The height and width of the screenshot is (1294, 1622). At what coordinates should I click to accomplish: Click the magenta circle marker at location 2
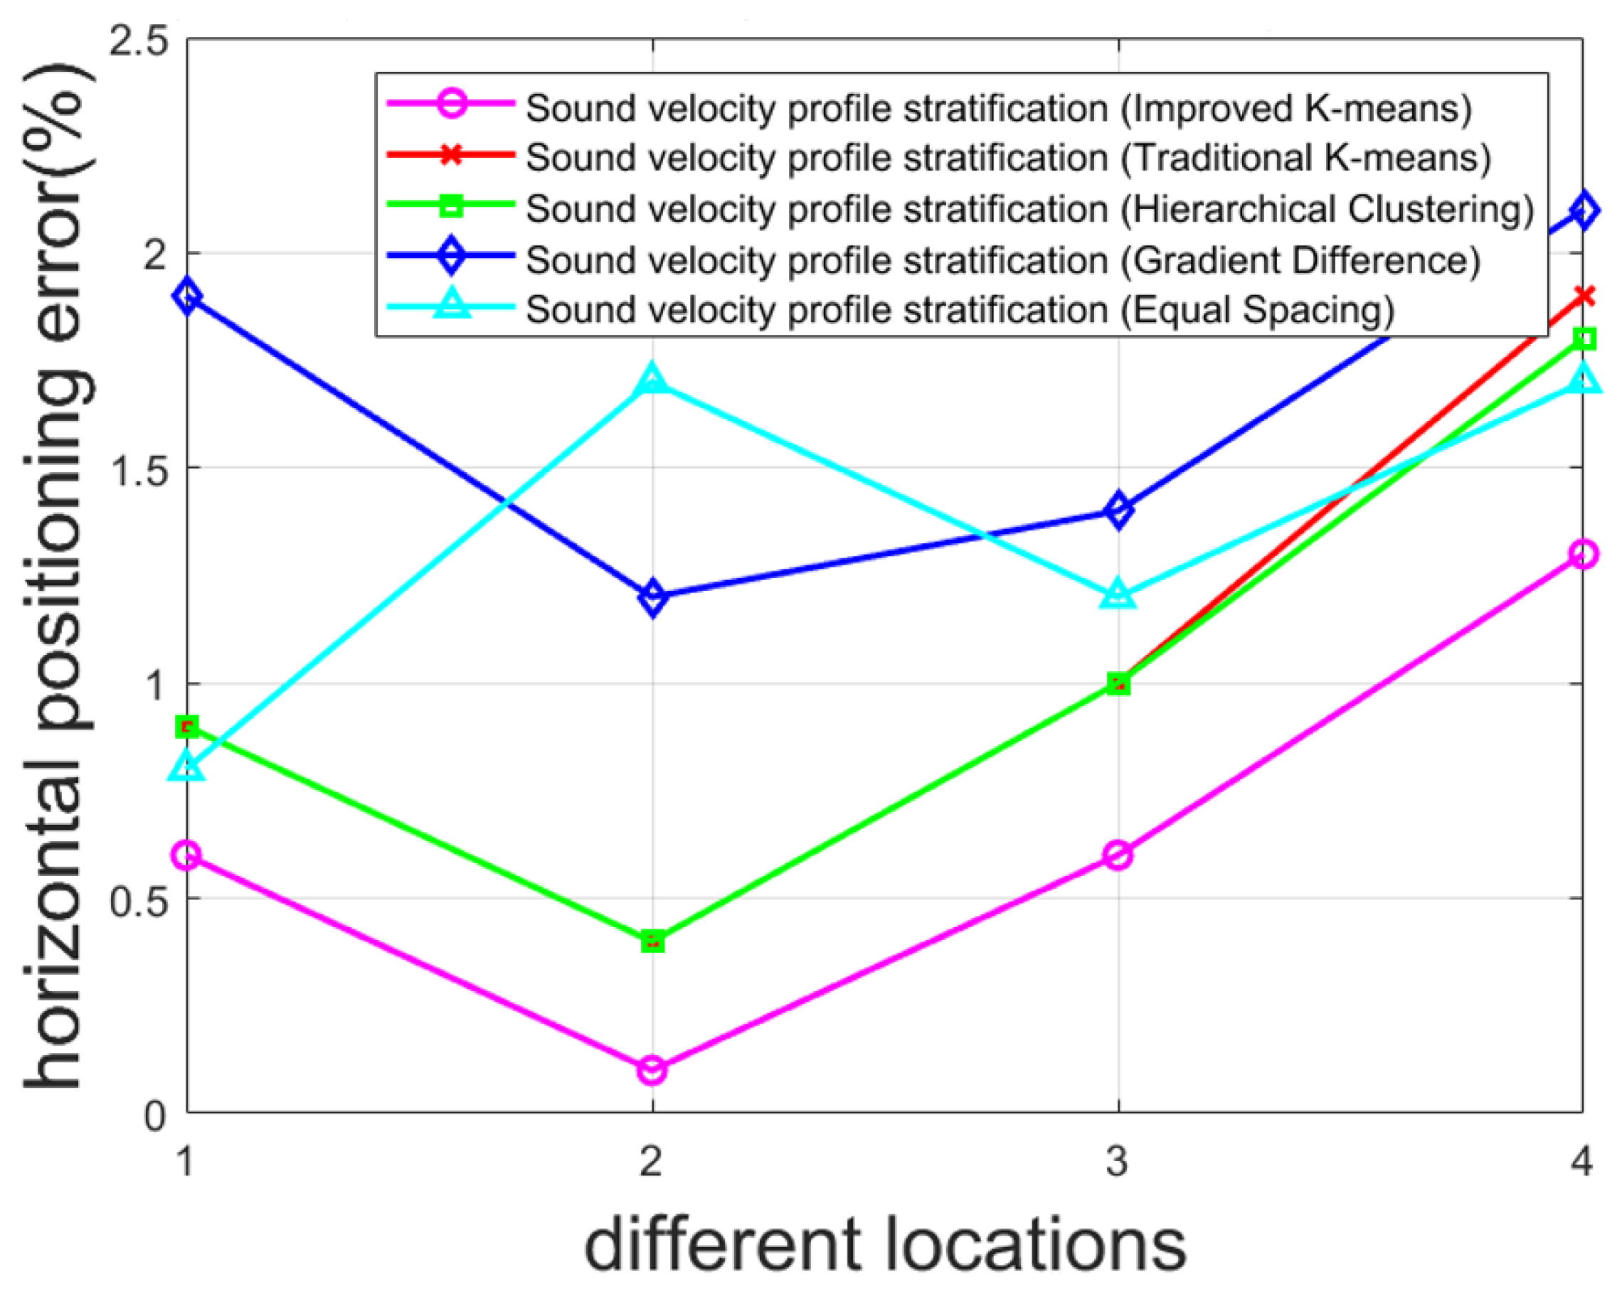(x=652, y=1069)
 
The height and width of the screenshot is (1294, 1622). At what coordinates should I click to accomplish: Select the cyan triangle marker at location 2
(x=652, y=380)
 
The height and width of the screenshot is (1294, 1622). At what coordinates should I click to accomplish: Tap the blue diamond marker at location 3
(x=1119, y=510)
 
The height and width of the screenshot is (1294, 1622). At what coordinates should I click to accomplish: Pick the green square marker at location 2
(x=652, y=941)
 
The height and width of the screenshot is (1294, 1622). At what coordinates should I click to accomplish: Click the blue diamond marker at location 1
(x=187, y=296)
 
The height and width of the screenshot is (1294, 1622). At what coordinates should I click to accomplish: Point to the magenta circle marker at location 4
(x=1583, y=554)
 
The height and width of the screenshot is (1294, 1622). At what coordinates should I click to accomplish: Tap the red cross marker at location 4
(x=1583, y=296)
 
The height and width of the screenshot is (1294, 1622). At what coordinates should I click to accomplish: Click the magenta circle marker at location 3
(x=1119, y=855)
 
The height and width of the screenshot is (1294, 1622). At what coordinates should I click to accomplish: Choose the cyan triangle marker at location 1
(x=187, y=767)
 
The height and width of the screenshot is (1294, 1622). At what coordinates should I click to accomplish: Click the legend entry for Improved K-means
(x=998, y=108)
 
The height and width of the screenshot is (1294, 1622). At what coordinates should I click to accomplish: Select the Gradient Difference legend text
(x=1003, y=260)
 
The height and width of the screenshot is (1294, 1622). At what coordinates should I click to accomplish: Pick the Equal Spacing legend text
(x=960, y=310)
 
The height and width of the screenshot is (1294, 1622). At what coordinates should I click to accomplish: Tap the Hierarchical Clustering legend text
(x=1030, y=209)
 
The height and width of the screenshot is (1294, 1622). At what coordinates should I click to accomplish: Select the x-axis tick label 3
(x=1117, y=1161)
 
